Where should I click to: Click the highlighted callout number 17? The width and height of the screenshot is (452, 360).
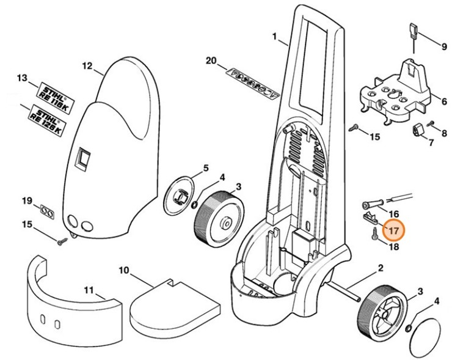click(393, 231)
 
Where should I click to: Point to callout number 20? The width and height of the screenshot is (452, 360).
click(211, 61)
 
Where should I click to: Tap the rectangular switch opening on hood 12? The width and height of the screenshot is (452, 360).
click(82, 160)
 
